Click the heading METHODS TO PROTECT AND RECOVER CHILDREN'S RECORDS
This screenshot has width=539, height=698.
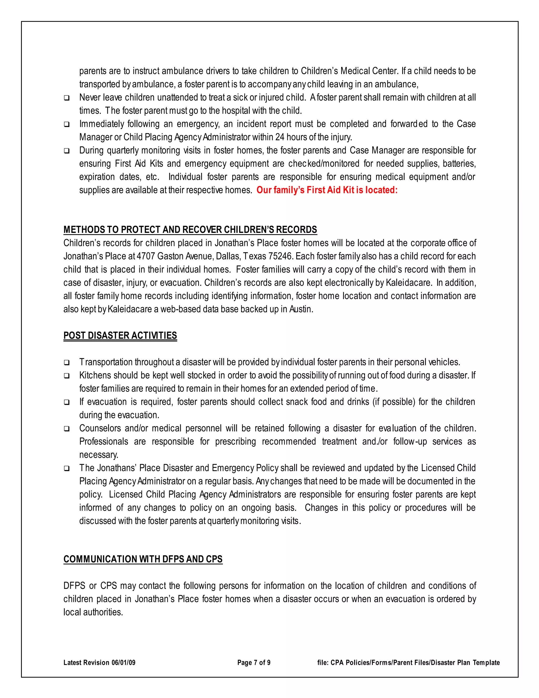point(190,230)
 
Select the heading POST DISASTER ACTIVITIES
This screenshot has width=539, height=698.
point(120,336)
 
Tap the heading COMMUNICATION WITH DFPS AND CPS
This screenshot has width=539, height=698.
point(143,559)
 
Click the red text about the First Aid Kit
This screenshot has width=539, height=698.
point(327,190)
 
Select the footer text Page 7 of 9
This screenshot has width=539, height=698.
point(254,662)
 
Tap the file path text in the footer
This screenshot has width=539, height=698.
point(408,662)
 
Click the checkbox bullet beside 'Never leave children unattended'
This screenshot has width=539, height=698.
point(67,98)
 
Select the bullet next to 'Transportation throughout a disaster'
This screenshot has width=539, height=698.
point(67,363)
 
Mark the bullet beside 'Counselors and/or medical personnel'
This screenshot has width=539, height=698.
point(67,429)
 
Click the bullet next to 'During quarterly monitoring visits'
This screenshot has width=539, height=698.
point(67,151)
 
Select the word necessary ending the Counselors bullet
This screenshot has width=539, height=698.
point(99,455)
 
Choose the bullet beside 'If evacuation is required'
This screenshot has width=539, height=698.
point(67,402)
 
